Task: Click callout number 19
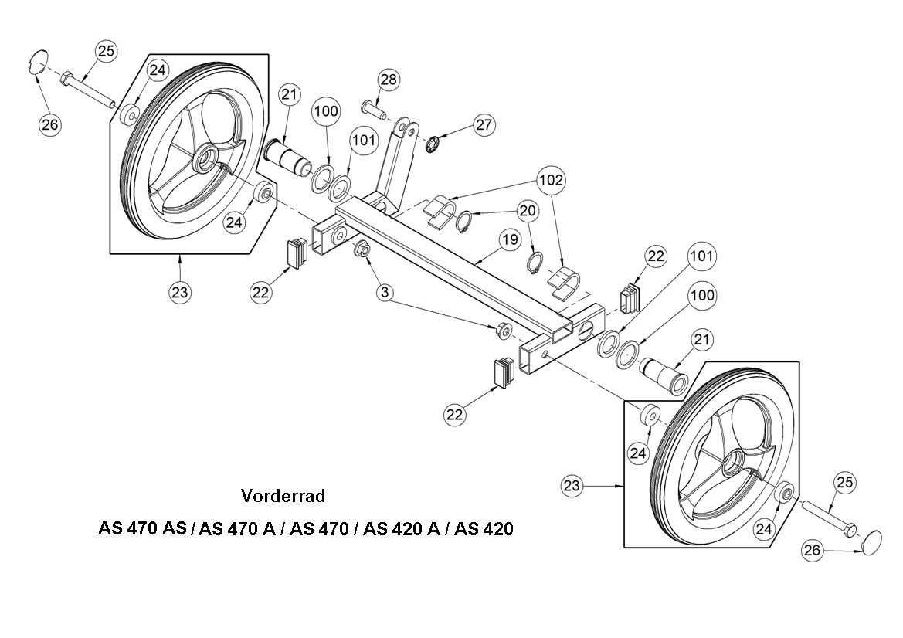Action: tap(508, 240)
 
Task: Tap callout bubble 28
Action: tap(389, 80)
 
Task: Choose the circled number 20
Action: tap(528, 210)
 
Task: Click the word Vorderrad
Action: tap(283, 495)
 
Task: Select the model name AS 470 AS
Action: tap(144, 530)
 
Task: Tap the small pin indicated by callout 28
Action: tap(374, 108)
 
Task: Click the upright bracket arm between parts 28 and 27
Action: tap(395, 162)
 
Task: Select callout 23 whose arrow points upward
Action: tap(180, 293)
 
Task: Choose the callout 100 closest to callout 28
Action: tap(326, 111)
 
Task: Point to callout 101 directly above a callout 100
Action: tap(702, 255)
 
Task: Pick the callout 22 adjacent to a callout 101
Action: tap(656, 257)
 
